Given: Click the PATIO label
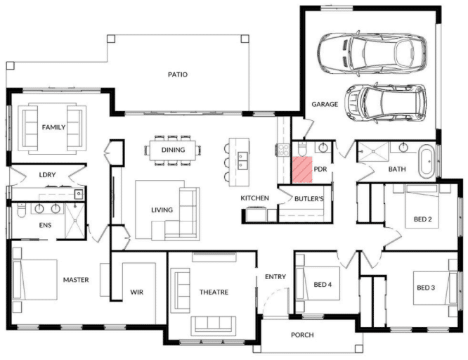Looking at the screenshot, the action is [178, 75].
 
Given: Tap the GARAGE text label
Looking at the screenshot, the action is [325, 104].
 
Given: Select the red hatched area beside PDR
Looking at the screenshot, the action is [302, 169].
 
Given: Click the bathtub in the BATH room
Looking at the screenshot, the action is [427, 161].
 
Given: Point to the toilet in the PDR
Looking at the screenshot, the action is [302, 149].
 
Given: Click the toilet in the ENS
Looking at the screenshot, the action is [21, 210].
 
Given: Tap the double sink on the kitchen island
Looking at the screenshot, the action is [242, 161].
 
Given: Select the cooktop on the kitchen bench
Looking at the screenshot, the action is [282, 150].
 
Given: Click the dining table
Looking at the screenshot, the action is [173, 150].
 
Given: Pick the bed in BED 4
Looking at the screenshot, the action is [318, 283].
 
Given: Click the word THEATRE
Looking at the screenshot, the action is [214, 292].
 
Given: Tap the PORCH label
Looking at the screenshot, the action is [302, 335].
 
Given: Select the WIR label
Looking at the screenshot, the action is [137, 292].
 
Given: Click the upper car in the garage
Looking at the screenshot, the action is [372, 53].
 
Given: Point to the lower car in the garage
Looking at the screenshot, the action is [385, 103].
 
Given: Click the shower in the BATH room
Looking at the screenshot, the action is [373, 151].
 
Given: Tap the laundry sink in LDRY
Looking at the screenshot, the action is [79, 195].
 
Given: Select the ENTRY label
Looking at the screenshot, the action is [275, 277].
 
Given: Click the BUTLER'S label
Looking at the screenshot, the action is [309, 199].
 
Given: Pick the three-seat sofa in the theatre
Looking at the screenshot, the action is [214, 324].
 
